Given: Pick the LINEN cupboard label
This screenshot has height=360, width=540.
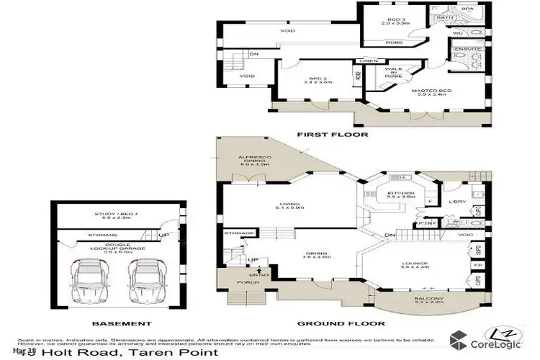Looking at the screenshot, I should pos(370,60).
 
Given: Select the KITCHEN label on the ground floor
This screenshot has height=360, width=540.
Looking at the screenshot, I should pos(397,194).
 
